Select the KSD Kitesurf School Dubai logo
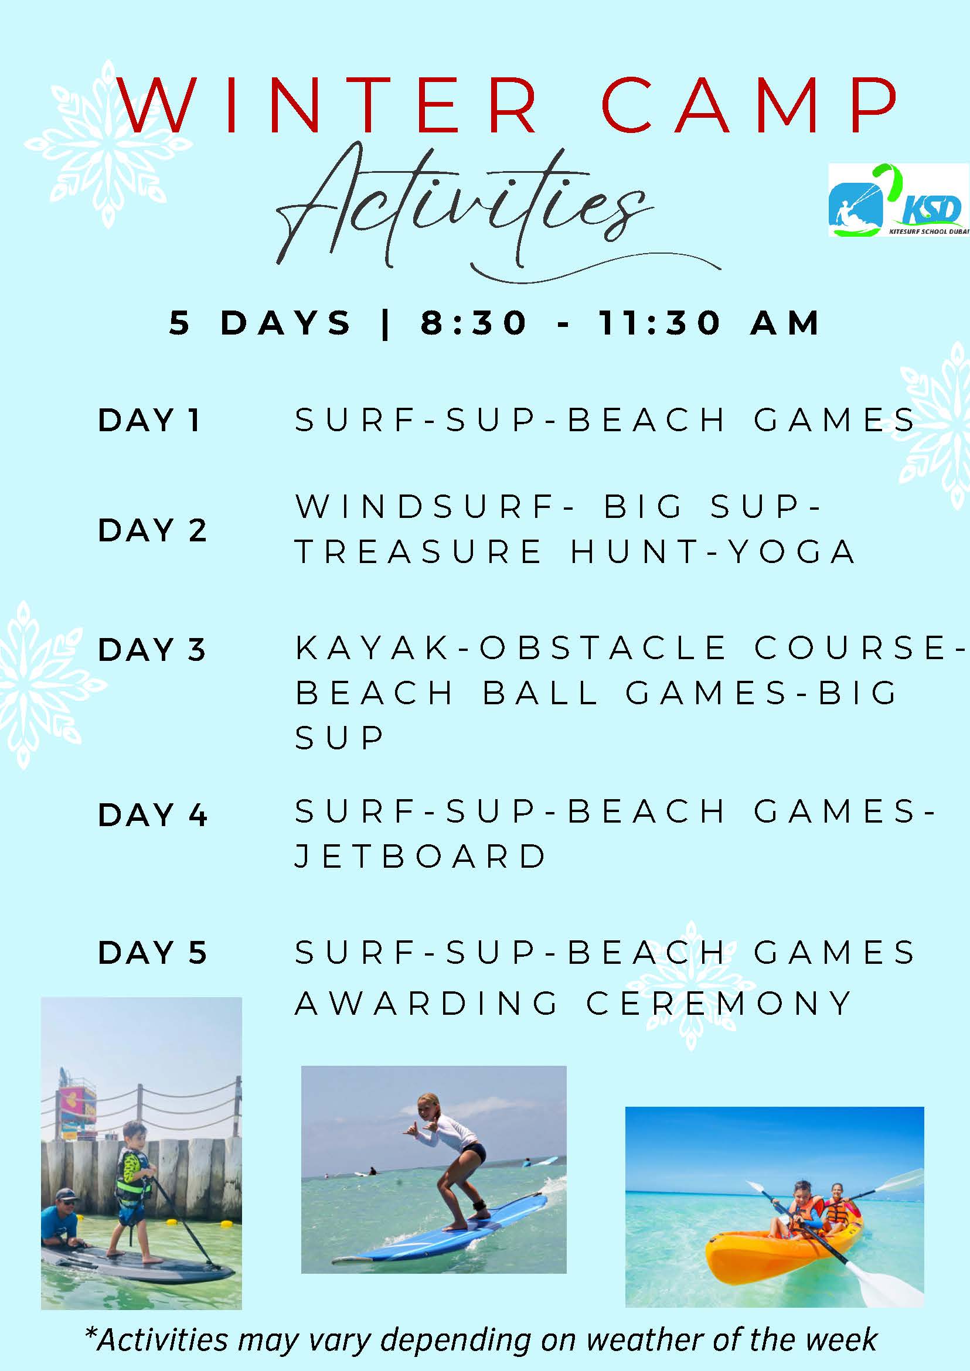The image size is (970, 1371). click(898, 200)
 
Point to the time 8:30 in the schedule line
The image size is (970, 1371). click(473, 323)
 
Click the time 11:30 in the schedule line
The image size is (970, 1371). click(660, 323)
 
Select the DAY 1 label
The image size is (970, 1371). click(149, 420)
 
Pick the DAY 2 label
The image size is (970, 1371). click(152, 530)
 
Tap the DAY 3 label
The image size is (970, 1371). click(152, 650)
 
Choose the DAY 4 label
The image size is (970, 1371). click(152, 815)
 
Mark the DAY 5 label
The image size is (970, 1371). click(152, 953)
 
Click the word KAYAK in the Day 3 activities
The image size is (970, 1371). click(373, 648)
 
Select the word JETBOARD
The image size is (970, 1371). click(420, 856)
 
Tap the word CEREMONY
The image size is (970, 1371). click(719, 1003)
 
